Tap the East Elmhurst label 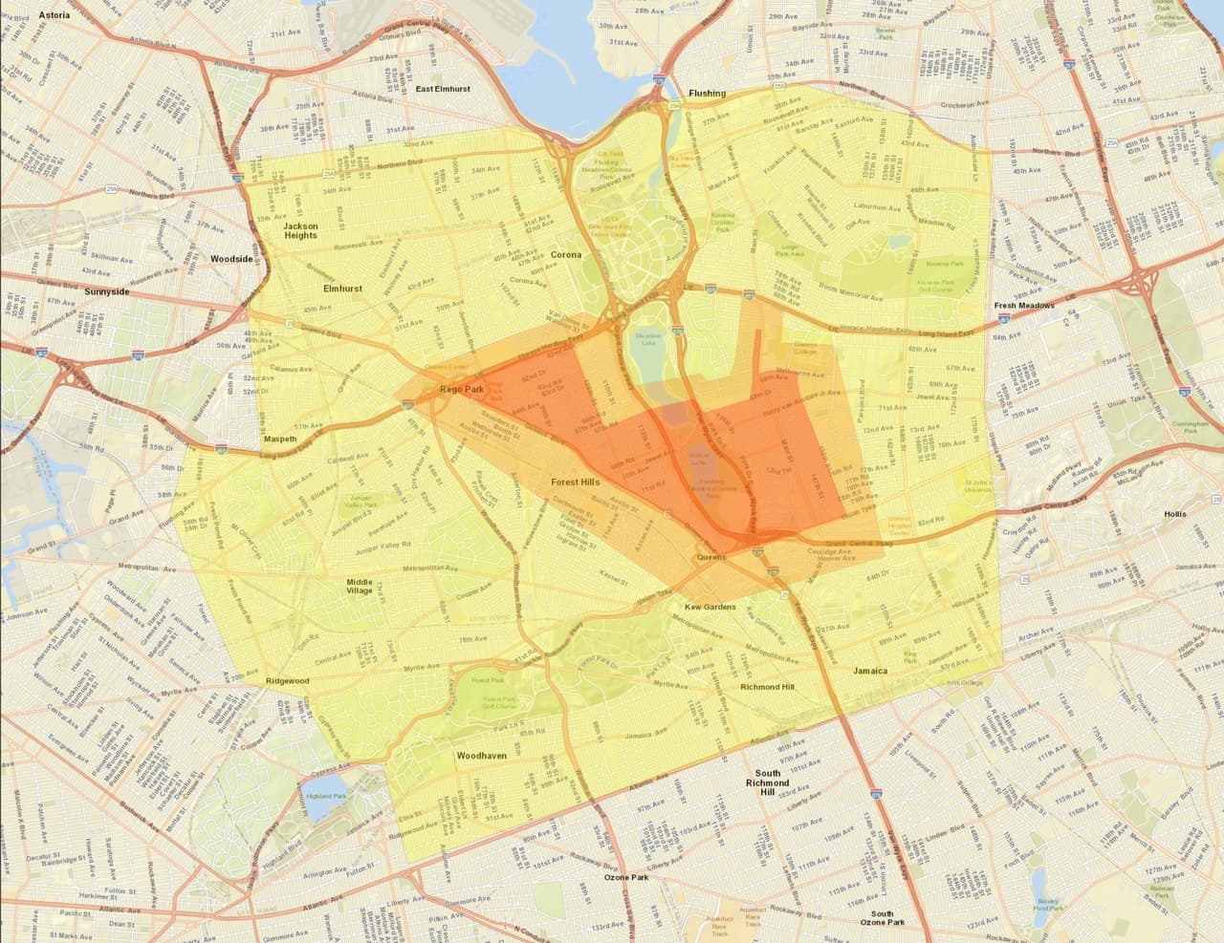(444, 89)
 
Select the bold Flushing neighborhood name (707, 94)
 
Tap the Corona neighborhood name (567, 255)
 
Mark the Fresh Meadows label (1024, 306)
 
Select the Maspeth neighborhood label (280, 439)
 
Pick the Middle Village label (360, 587)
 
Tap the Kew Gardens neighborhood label (710, 607)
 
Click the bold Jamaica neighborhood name (870, 671)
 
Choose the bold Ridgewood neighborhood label (288, 681)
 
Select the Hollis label (1174, 514)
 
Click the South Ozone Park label (882, 918)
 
